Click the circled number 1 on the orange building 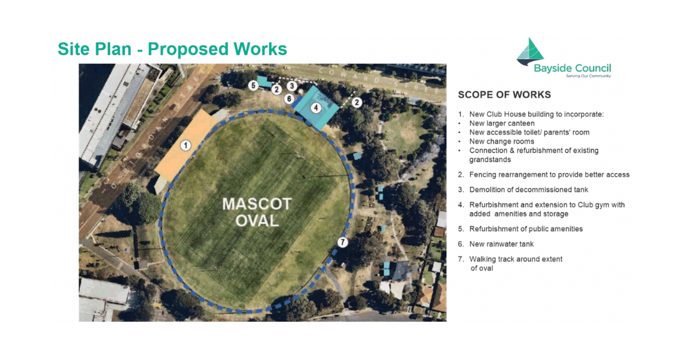click(185, 145)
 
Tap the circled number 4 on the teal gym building click(314, 107)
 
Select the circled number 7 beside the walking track click(342, 242)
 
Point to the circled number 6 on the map click(289, 98)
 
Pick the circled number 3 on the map click(292, 86)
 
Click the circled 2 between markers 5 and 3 click(276, 89)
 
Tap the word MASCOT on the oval click(257, 204)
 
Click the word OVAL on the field click(257, 221)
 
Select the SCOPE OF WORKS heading click(504, 95)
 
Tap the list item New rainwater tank click(501, 244)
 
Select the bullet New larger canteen click(502, 123)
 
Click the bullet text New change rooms click(501, 141)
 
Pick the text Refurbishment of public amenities click(526, 229)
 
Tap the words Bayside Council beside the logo click(572, 68)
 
